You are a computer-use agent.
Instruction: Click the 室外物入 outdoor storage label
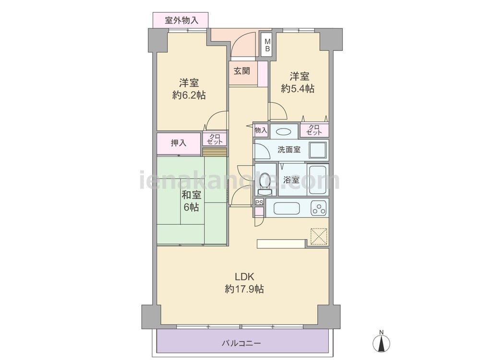[181, 21]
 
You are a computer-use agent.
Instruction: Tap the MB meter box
[267, 45]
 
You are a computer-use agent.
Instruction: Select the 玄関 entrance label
[242, 71]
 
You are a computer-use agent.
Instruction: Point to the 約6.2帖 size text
[189, 95]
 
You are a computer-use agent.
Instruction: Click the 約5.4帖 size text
[298, 88]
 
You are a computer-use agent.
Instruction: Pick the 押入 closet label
[179, 143]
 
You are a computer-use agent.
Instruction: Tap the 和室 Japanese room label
[192, 195]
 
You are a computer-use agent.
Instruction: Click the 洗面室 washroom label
[289, 150]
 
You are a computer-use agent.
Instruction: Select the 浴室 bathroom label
[291, 180]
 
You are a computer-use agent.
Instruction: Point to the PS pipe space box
[259, 203]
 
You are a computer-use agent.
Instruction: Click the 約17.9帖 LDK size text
[244, 288]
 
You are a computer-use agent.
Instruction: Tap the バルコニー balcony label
[241, 343]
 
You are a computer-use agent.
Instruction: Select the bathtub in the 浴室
[319, 180]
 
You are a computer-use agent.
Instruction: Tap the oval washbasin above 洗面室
[284, 132]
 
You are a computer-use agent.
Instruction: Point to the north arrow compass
[382, 341]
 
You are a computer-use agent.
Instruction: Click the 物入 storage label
[261, 131]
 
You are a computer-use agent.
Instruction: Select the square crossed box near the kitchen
[319, 236]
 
